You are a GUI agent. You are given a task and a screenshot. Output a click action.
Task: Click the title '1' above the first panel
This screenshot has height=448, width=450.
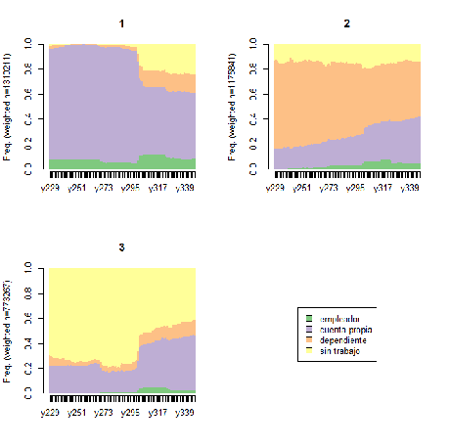pyautogui.click(x=121, y=22)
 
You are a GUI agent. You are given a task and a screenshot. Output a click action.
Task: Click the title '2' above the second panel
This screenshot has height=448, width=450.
pyautogui.click(x=345, y=22)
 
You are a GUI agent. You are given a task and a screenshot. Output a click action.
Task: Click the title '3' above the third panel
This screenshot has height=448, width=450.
pyautogui.click(x=121, y=246)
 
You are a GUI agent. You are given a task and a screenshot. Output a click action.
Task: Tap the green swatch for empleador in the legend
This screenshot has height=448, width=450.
pyautogui.click(x=310, y=320)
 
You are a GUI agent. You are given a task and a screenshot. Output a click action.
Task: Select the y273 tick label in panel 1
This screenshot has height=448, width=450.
pyautogui.click(x=106, y=186)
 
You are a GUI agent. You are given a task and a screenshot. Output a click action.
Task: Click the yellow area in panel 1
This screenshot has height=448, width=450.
pyautogui.click(x=166, y=56)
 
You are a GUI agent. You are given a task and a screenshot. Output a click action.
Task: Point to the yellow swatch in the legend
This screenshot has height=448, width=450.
pyautogui.click(x=310, y=351)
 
